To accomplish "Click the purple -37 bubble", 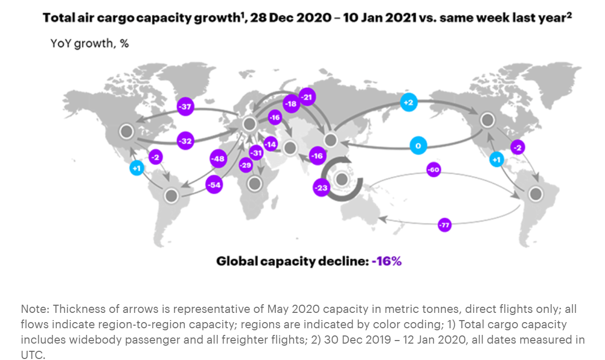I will click(x=185, y=107).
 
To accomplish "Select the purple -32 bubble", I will click(x=185, y=141).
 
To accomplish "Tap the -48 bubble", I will click(x=219, y=159).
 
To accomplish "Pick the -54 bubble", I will click(x=214, y=185).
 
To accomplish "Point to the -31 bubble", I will click(x=256, y=153).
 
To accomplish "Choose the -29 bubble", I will click(x=246, y=165).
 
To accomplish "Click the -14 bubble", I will click(x=270, y=144).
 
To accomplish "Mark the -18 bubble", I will click(x=292, y=103).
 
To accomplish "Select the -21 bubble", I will click(x=307, y=97).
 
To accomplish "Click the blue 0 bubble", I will click(x=418, y=146).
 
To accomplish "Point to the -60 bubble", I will click(x=433, y=170).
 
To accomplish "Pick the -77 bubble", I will click(x=445, y=224).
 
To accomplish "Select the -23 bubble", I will click(x=321, y=188).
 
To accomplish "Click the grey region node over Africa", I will click(x=254, y=184).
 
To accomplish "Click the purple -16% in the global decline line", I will click(x=386, y=261).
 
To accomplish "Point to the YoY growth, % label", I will click(x=90, y=44).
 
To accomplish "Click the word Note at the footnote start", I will click(x=33, y=309).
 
